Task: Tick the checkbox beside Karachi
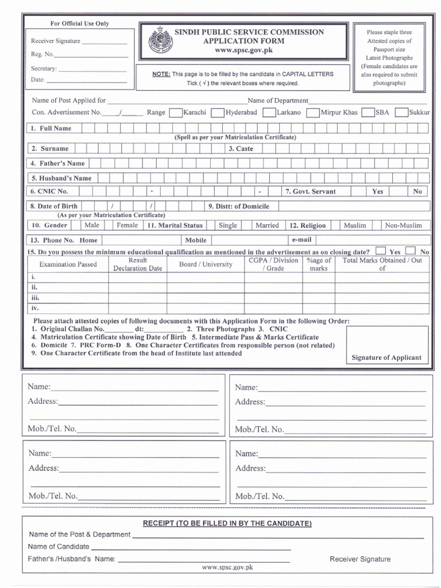click(176, 113)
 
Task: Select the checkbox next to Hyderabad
click(218, 113)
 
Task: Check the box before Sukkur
click(402, 113)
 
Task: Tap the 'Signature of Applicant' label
click(386, 357)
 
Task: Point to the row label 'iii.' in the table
click(35, 298)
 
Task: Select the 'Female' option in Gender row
click(127, 226)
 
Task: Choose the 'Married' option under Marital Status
click(267, 226)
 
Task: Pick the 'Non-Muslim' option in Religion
click(403, 226)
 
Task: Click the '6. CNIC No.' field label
click(49, 191)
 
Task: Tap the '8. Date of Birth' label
click(54, 206)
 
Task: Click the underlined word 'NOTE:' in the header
click(161, 75)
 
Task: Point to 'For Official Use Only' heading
click(80, 24)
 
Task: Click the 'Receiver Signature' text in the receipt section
click(359, 559)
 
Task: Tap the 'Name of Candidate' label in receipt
click(59, 547)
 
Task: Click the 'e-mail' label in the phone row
click(301, 239)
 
